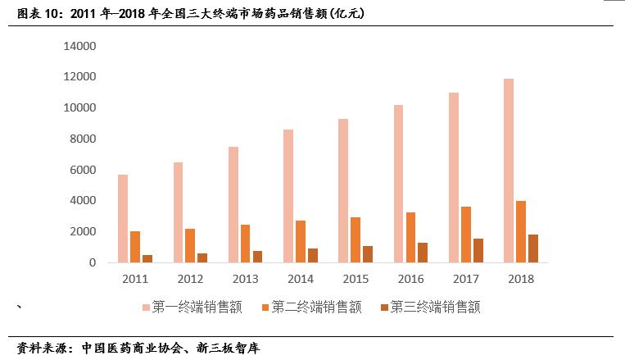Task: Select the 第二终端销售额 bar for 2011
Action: [x=135, y=247]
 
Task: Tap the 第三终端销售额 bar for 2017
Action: [x=478, y=250]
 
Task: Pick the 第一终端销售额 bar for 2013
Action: [x=233, y=204]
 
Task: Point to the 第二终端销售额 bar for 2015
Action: [x=356, y=239]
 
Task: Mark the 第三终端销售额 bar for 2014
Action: [x=313, y=255]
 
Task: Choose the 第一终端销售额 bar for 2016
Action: [x=399, y=184]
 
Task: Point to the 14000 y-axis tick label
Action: [x=80, y=46]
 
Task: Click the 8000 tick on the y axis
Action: [x=84, y=139]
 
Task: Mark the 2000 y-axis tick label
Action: [x=84, y=231]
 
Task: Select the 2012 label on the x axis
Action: [x=190, y=279]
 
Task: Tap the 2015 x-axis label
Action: [x=356, y=279]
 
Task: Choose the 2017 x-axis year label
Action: [x=465, y=279]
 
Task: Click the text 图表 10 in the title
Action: [x=34, y=14]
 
